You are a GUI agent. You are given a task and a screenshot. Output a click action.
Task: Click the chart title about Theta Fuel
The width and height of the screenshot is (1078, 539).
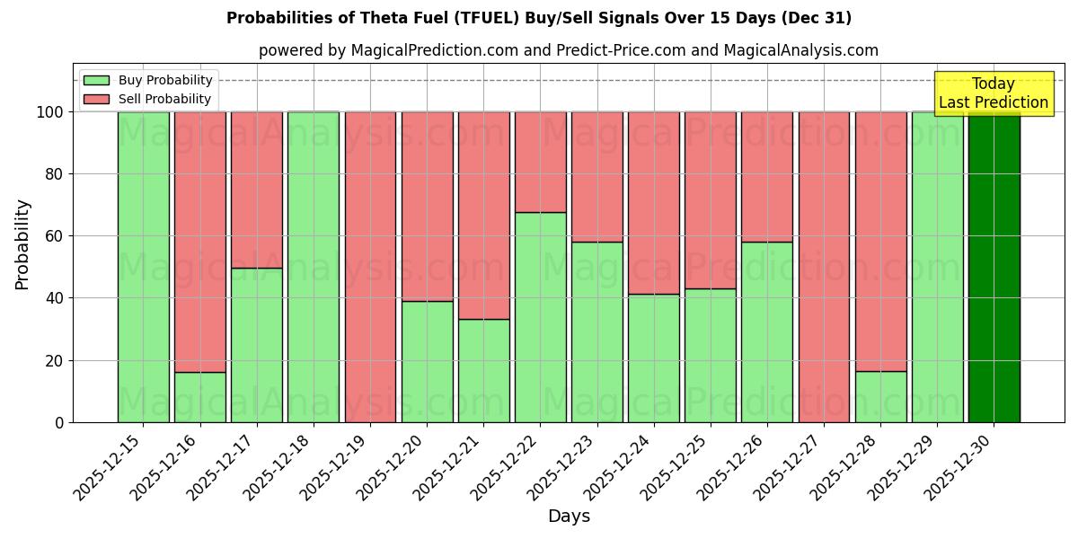tap(539, 18)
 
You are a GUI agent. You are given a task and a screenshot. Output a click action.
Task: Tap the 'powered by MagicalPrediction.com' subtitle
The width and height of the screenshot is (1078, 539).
tap(568, 50)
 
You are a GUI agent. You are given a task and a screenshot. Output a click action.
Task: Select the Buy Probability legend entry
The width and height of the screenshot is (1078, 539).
tap(148, 80)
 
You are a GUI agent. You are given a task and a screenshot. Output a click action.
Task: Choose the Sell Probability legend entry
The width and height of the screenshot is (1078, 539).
tap(148, 99)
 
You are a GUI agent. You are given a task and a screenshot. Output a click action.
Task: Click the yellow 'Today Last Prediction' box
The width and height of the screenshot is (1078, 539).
tap(994, 93)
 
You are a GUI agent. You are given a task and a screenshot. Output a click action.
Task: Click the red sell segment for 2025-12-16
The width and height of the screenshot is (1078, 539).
tap(199, 242)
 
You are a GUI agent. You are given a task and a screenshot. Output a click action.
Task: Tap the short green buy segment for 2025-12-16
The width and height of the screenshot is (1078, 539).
tap(199, 397)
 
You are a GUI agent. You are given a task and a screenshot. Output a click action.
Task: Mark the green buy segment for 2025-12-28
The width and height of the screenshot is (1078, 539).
tap(880, 396)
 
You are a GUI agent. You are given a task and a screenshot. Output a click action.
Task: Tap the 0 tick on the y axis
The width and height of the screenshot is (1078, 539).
tap(59, 422)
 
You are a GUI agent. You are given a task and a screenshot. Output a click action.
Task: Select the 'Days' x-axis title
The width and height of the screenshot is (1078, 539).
tap(569, 517)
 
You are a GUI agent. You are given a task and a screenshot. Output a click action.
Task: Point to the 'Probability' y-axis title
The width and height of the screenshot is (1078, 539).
tap(22, 244)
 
